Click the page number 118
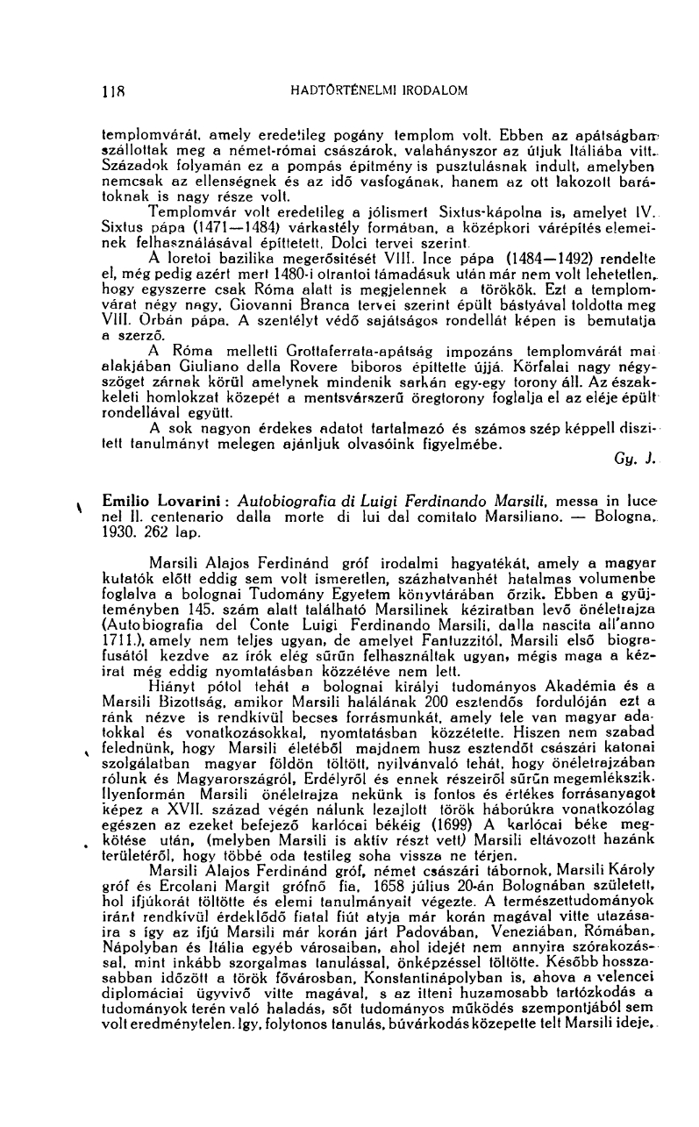(x=112, y=89)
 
